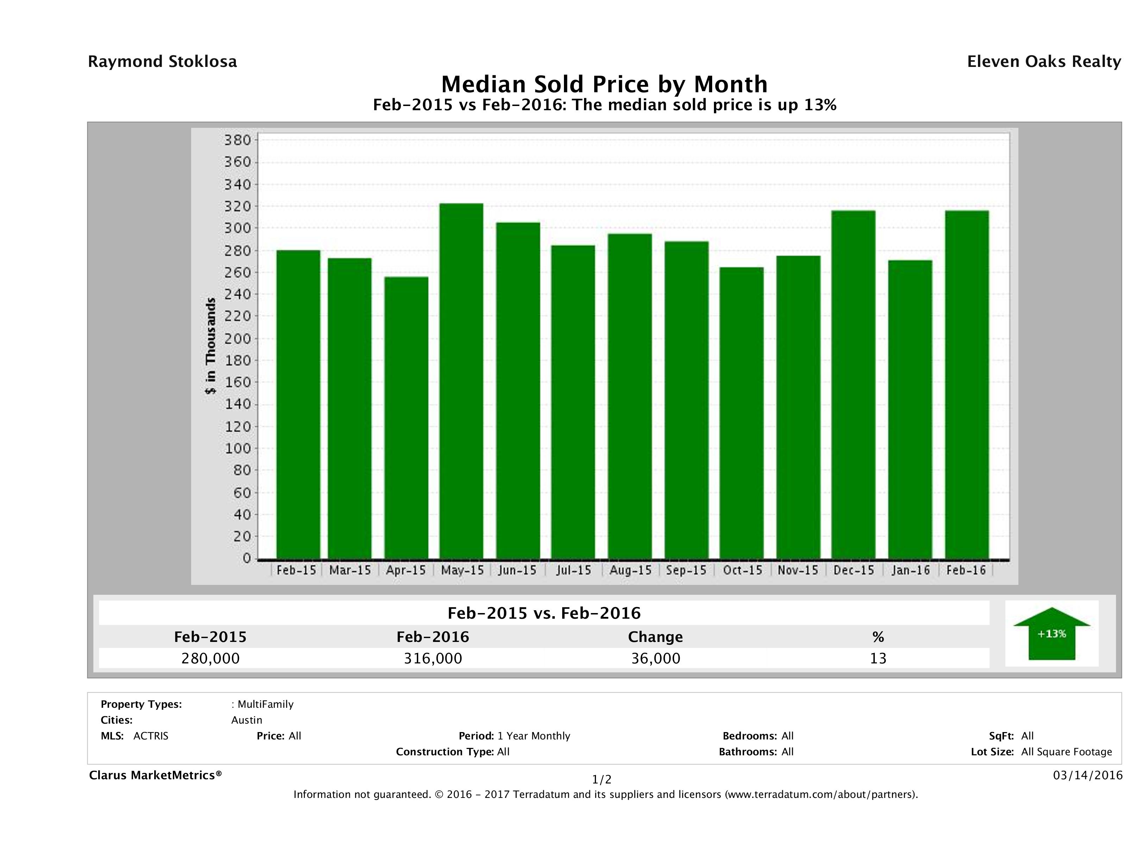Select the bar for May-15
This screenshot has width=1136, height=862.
point(461,381)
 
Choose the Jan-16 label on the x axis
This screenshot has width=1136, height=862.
point(911,570)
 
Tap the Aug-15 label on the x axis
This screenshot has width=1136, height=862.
point(630,570)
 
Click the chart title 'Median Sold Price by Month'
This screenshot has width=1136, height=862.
point(604,84)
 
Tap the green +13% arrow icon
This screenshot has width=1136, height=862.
point(1051,633)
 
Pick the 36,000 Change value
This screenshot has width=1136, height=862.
point(655,658)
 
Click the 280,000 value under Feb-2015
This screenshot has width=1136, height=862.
point(210,658)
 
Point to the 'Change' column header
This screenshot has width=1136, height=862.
point(655,637)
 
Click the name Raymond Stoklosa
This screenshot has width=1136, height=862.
point(162,62)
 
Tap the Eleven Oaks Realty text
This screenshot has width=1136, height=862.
point(1043,62)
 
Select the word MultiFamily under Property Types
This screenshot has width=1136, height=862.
point(265,704)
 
